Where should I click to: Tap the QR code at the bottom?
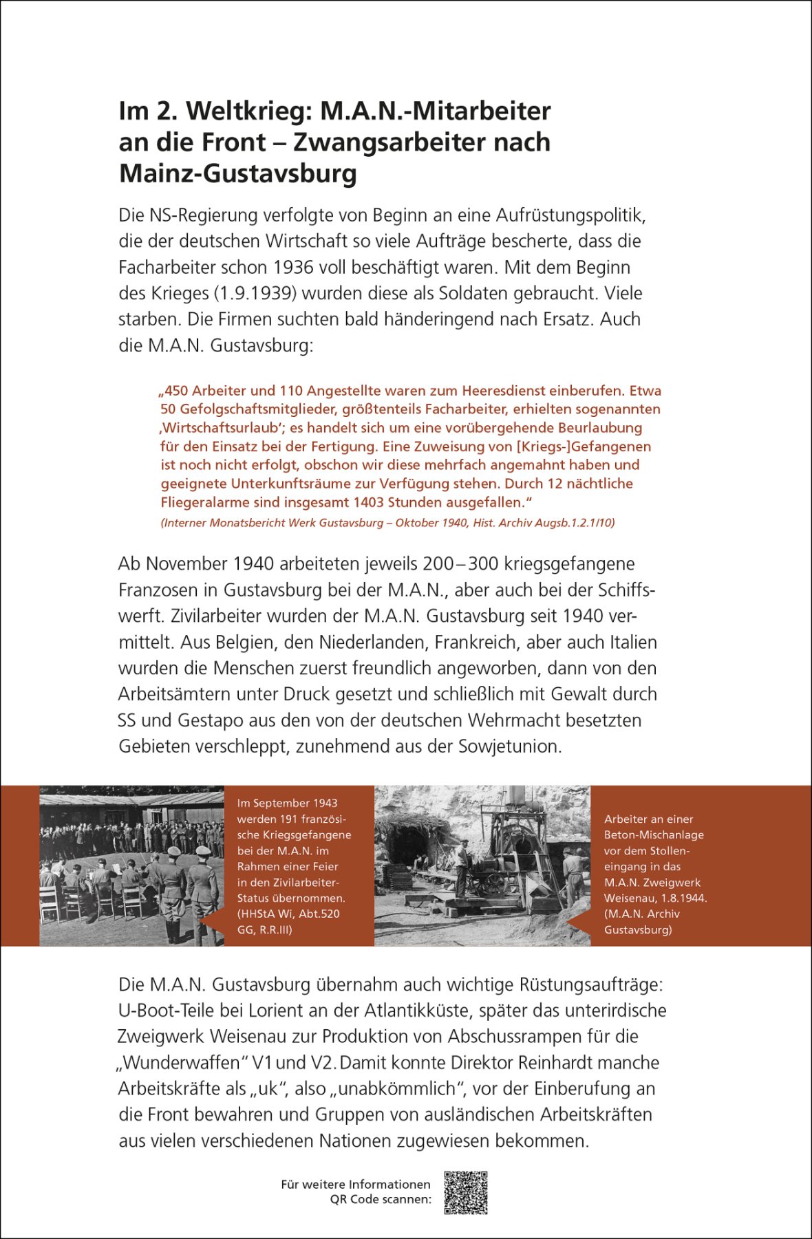[466, 1193]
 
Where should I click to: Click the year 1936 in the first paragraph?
[294, 268]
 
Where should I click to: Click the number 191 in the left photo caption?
[290, 819]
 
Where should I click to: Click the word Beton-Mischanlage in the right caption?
[654, 834]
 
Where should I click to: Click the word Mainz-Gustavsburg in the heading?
[238, 173]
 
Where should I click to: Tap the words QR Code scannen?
[381, 1199]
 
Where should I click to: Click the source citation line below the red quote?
[387, 523]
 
